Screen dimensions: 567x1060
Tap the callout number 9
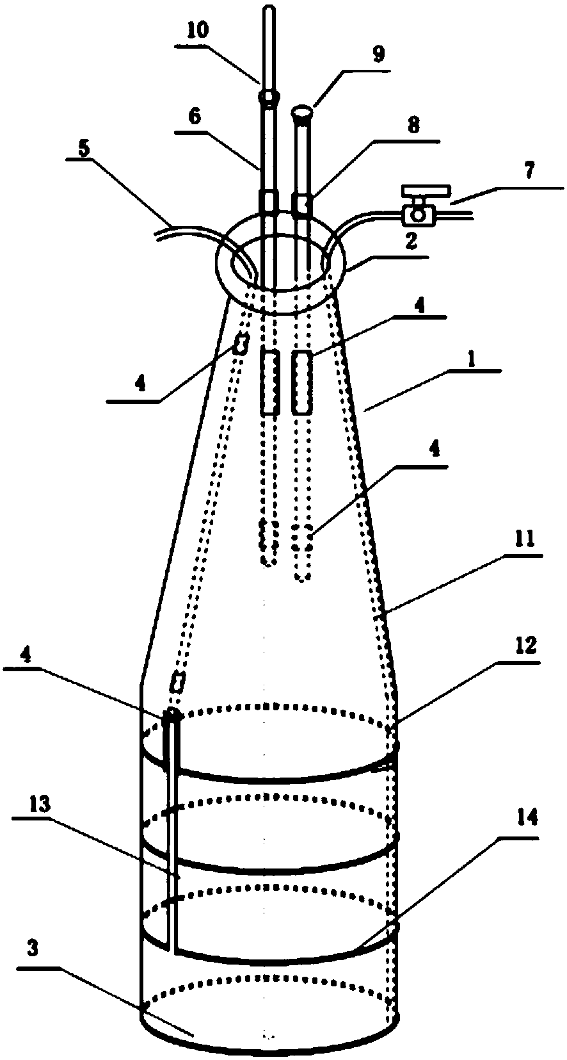coord(379,54)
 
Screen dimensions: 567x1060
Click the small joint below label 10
coord(269,98)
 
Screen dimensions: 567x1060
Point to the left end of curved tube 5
coord(157,234)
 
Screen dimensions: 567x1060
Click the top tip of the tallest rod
coord(269,9)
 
